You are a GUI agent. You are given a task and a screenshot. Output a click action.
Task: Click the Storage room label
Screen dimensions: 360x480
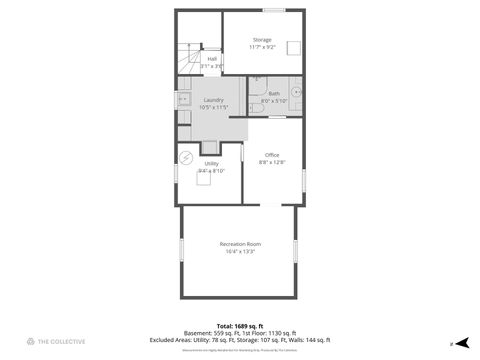pos(262,39)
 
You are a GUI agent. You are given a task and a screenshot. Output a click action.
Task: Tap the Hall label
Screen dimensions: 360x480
pos(212,59)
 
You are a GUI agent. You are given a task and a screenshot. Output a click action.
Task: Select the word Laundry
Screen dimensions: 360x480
pos(213,100)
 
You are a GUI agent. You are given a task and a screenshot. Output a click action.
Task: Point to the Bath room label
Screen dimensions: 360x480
pos(273,94)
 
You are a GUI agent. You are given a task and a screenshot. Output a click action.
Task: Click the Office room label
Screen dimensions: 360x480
pos(272,154)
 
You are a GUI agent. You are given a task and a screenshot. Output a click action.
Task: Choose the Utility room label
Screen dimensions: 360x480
pos(212,163)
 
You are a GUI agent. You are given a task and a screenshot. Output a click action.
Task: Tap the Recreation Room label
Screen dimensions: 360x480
pos(238,243)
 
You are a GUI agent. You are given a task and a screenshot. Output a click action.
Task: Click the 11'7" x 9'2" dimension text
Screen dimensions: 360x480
pos(262,46)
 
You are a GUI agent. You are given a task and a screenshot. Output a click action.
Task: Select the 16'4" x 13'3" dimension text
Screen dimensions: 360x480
pos(238,251)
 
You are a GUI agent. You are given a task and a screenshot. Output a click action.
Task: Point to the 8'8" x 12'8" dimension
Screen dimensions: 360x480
pos(272,161)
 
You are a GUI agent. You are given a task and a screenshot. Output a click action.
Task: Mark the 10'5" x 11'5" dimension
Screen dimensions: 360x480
pos(214,107)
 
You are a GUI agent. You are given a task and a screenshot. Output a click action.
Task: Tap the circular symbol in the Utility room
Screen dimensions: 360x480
pos(186,158)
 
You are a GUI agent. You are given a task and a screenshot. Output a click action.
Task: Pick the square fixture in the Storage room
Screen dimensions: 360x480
pos(293,47)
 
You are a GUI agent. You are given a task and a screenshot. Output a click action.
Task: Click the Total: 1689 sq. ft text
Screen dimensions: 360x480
pos(239,326)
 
